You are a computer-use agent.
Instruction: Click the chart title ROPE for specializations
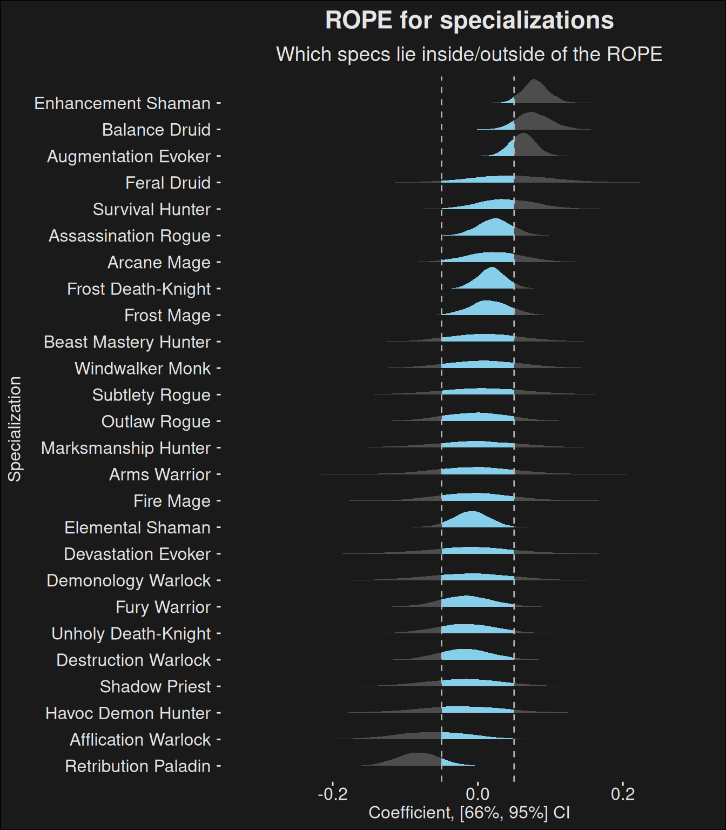tap(469, 21)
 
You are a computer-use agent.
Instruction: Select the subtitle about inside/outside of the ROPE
tap(469, 55)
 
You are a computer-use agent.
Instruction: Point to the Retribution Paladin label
tap(138, 766)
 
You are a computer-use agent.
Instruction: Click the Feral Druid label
tap(168, 183)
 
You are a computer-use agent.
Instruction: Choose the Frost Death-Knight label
tap(139, 289)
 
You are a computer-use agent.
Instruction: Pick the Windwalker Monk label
tap(143, 369)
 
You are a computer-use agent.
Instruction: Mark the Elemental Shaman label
tap(137, 527)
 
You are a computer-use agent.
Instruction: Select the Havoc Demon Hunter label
tap(128, 713)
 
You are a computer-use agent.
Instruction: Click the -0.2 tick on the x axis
tap(333, 794)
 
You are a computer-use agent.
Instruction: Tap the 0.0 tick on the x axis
tap(478, 794)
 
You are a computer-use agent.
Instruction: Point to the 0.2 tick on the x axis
tap(623, 794)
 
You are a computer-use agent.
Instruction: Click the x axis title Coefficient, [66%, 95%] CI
tap(469, 813)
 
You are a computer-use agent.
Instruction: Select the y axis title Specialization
tap(15, 429)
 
